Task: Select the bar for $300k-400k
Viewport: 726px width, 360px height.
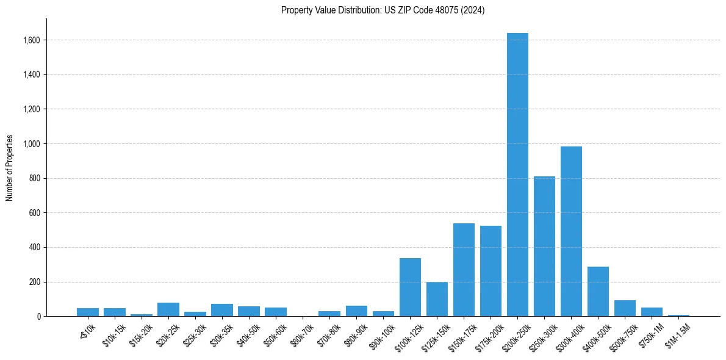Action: point(571,231)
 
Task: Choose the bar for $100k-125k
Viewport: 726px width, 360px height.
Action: point(410,287)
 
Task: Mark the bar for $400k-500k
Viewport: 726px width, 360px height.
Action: point(598,292)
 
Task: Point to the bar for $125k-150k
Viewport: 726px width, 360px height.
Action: point(437,299)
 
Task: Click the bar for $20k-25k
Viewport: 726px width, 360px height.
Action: point(168,309)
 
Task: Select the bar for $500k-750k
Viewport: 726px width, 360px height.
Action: point(625,308)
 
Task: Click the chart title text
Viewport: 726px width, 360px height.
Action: point(383,10)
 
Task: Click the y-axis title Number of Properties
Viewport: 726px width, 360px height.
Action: point(10,168)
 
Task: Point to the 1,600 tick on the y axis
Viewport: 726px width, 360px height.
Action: point(32,40)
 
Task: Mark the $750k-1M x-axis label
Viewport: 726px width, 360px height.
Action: point(650,334)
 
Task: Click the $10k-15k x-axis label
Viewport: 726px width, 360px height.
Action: point(113,334)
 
